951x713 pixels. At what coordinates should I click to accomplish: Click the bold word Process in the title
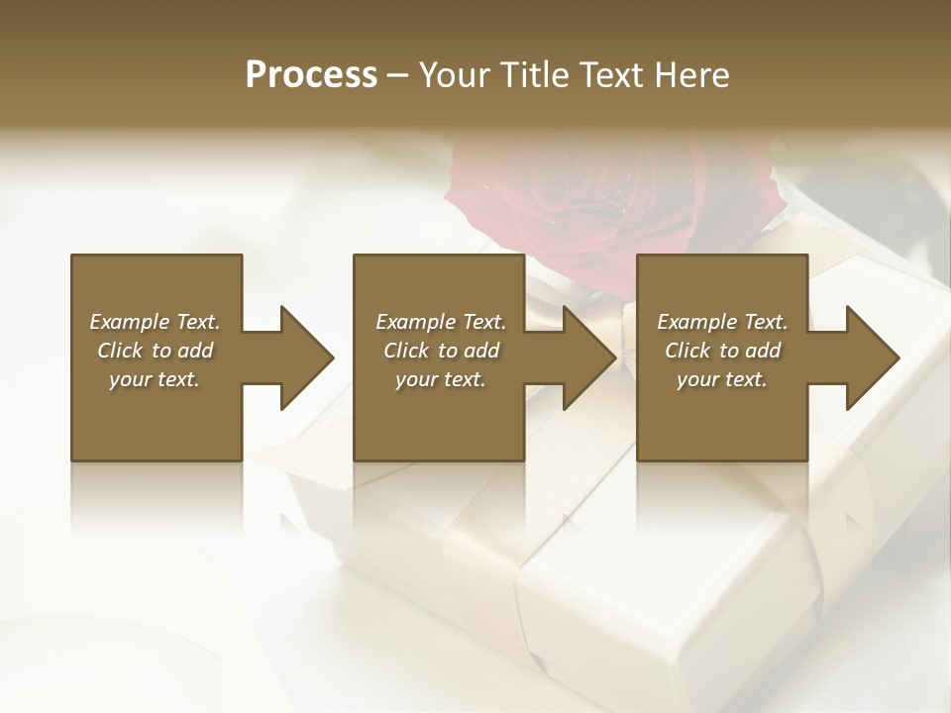pyautogui.click(x=311, y=74)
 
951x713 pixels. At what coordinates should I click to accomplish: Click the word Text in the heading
pyautogui.click(x=611, y=74)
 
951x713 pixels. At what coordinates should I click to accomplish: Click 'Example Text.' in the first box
pyautogui.click(x=155, y=322)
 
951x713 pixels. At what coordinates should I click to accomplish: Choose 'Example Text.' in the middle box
pyautogui.click(x=441, y=322)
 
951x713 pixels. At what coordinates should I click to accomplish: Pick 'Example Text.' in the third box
pyautogui.click(x=722, y=322)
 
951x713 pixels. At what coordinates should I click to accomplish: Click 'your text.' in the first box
pyautogui.click(x=155, y=379)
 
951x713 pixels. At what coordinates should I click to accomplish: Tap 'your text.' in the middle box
pyautogui.click(x=441, y=379)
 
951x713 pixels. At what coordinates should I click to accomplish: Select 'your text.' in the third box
pyautogui.click(x=722, y=379)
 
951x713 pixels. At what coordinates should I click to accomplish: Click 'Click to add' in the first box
pyautogui.click(x=155, y=351)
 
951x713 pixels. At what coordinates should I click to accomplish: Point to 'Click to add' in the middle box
pyautogui.click(x=441, y=351)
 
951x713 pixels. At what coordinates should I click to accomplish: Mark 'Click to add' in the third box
pyautogui.click(x=722, y=351)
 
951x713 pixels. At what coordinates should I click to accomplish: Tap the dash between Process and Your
pyautogui.click(x=397, y=76)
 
